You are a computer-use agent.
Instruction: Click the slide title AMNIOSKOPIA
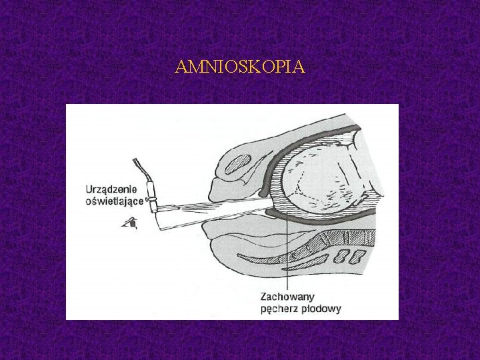coord(240,67)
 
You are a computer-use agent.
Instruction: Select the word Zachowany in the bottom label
coord(287,296)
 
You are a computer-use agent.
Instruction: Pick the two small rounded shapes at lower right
coord(350,255)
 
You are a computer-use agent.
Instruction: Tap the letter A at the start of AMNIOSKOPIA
coord(180,67)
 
